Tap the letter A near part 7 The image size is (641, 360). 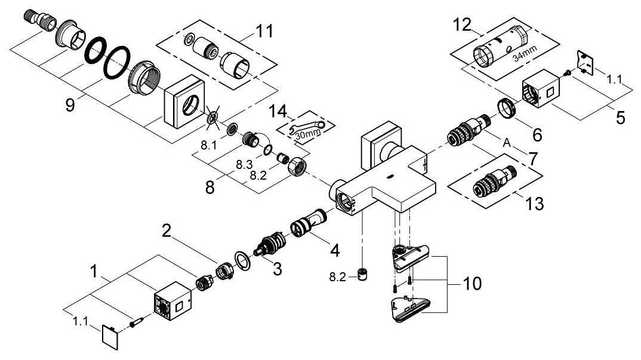507,144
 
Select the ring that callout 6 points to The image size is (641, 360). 506,109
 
